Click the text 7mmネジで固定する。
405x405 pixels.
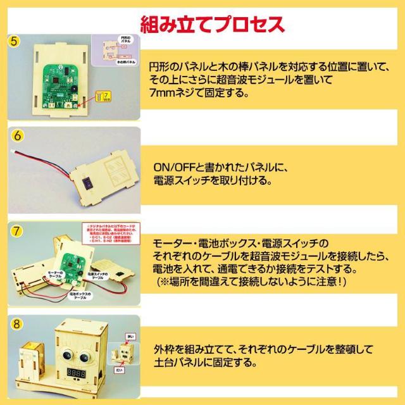197,92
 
